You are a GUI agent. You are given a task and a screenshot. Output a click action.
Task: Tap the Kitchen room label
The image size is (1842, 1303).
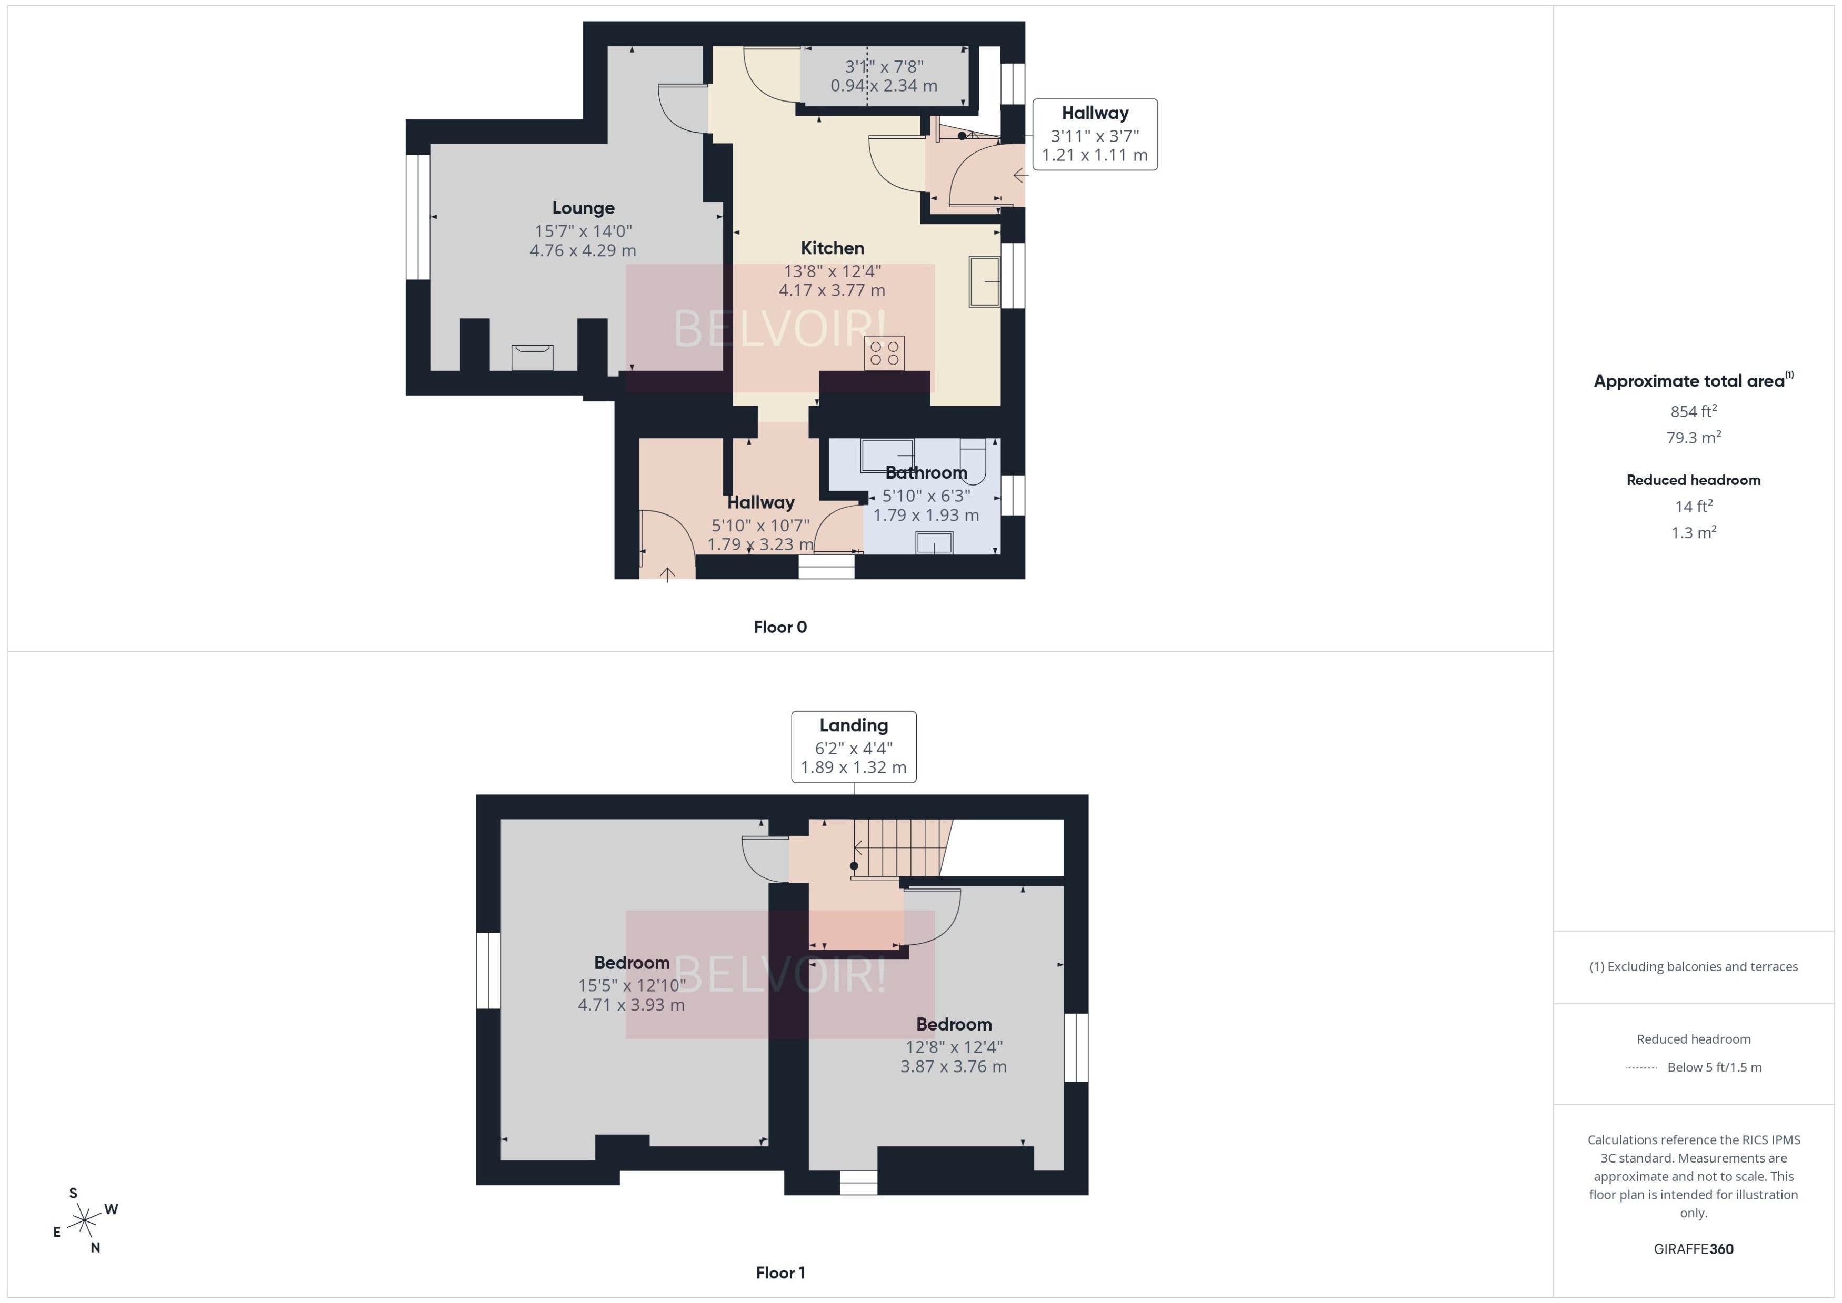tap(832, 248)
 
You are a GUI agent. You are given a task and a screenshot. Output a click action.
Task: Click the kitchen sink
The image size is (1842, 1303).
tap(984, 281)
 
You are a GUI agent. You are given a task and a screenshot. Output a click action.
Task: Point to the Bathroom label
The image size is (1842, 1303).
tap(926, 472)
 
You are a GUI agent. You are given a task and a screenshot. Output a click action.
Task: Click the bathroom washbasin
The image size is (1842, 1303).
tap(934, 543)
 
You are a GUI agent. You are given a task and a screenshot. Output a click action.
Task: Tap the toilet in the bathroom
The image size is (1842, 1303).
tap(973, 461)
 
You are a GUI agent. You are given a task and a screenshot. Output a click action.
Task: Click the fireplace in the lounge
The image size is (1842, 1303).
tap(532, 357)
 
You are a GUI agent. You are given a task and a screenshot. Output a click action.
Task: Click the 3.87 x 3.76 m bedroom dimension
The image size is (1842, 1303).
tap(954, 1066)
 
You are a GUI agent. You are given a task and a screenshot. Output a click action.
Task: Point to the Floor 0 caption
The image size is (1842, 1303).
tap(780, 628)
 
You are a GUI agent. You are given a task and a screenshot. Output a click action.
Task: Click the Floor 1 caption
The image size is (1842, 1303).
tap(780, 1272)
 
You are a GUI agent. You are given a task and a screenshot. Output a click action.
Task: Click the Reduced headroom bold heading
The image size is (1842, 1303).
tap(1694, 480)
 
